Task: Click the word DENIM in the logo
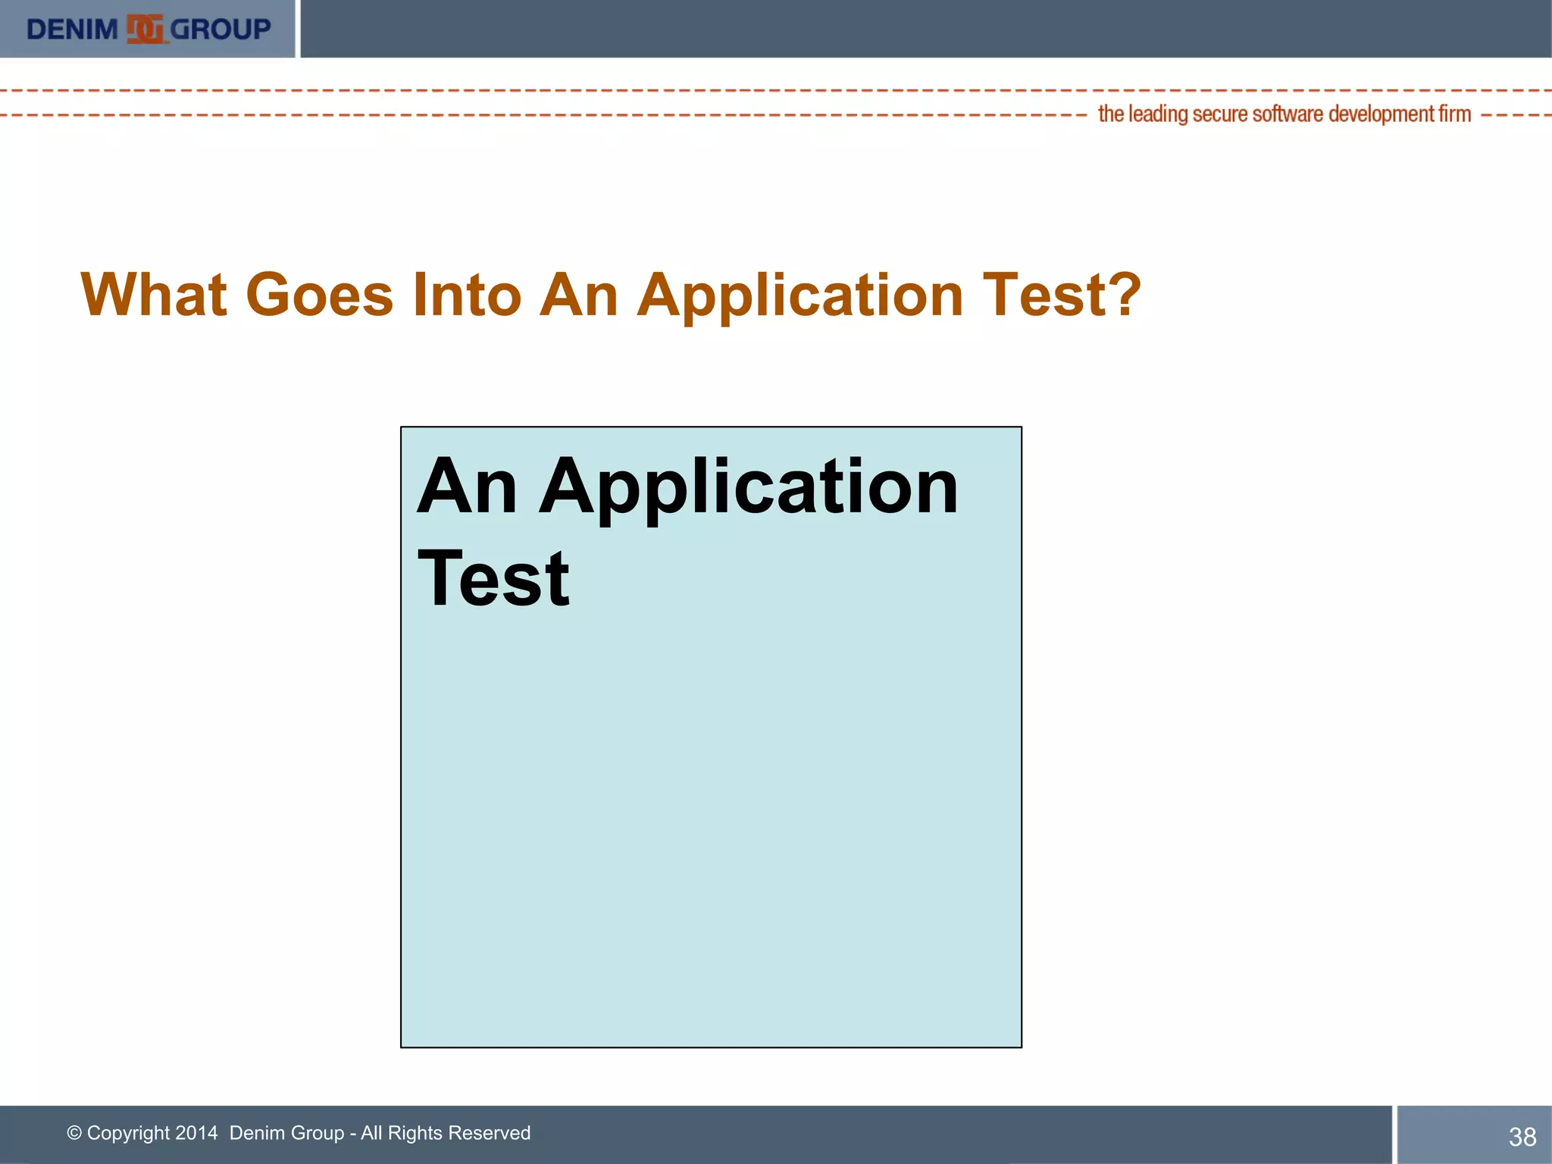[72, 30]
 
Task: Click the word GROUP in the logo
[220, 30]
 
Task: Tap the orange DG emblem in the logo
[145, 30]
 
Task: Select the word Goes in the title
[319, 295]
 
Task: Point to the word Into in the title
[466, 295]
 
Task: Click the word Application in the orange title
[799, 296]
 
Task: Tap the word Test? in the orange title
[1061, 295]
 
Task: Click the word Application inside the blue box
[748, 489]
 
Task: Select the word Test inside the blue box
[493, 580]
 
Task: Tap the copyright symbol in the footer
[74, 1133]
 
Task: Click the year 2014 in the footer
[196, 1133]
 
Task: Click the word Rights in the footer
[415, 1134]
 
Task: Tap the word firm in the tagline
[1454, 114]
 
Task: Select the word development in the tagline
[1381, 114]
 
